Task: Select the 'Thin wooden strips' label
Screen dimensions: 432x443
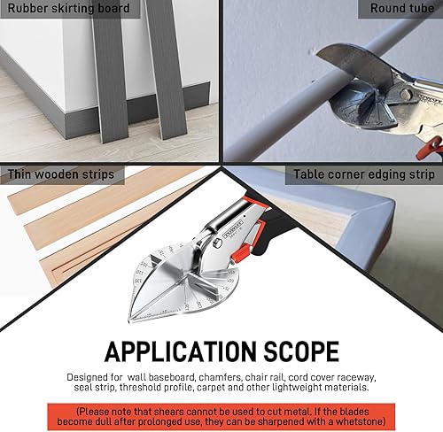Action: pos(62,174)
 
